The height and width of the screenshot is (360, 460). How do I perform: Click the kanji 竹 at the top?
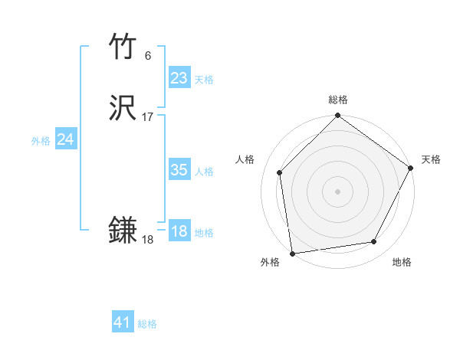[x=123, y=47]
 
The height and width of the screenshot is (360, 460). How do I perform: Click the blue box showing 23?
[x=179, y=78]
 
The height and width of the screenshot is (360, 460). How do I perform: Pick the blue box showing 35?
[x=179, y=170]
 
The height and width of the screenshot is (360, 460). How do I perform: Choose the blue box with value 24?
[x=66, y=139]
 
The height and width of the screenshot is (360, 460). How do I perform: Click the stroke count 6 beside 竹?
[x=148, y=55]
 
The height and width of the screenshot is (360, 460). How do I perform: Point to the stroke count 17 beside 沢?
[x=148, y=117]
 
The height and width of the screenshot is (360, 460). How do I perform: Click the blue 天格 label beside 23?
[x=204, y=80]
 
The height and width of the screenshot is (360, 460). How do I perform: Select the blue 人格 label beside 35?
[x=204, y=172]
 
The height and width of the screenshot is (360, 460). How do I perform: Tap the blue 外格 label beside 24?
[x=41, y=141]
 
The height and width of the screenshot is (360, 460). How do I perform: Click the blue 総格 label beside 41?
[x=148, y=324]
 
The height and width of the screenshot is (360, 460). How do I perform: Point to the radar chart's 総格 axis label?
[x=338, y=100]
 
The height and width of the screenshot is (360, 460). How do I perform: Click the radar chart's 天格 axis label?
[x=432, y=159]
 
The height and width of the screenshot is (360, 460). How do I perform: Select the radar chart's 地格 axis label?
[x=402, y=263]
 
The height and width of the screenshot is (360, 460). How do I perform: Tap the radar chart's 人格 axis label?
[x=245, y=159]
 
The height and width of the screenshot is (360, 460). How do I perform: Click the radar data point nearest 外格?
[x=292, y=253]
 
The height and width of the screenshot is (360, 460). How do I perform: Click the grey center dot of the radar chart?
[x=337, y=191]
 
